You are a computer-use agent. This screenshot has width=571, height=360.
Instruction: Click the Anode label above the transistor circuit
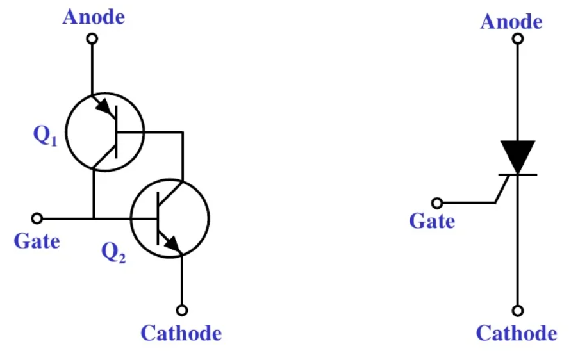tap(94, 17)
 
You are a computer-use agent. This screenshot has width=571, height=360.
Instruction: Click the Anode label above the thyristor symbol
tap(511, 22)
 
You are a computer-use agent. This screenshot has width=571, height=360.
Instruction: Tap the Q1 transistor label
tap(46, 136)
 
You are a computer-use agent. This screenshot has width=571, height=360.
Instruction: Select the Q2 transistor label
tap(113, 254)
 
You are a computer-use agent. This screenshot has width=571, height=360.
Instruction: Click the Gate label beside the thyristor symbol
tap(432, 222)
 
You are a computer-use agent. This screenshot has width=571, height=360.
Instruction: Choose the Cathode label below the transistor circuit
tap(181, 333)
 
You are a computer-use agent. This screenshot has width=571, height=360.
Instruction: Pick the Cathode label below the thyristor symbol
tap(517, 333)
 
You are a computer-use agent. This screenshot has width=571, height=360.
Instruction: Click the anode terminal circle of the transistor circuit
tap(92, 38)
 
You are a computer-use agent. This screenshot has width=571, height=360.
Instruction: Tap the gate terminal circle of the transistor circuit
tap(37, 218)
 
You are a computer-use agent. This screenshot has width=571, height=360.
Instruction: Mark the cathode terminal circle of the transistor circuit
tap(183, 310)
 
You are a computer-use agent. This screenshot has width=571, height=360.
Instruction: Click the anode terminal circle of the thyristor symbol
tap(518, 38)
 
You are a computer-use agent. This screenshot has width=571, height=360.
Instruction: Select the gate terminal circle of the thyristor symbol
tap(437, 203)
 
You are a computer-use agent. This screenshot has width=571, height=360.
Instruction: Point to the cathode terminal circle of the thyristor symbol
tap(518, 311)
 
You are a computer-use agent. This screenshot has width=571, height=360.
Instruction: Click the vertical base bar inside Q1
tap(117, 133)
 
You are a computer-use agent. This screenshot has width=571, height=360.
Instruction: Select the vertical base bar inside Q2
tap(158, 219)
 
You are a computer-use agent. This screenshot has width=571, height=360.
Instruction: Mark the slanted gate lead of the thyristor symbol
tap(503, 188)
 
